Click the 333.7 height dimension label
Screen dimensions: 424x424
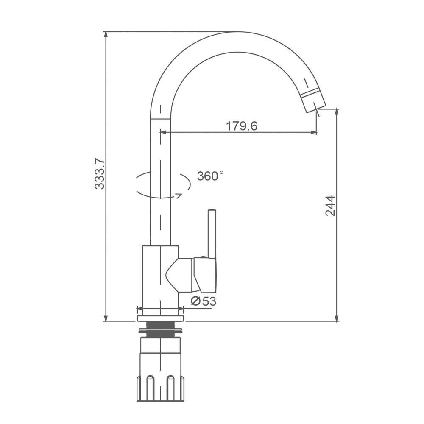coord(100,173)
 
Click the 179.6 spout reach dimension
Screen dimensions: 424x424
coord(242,126)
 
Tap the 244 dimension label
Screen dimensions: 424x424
coord(330,206)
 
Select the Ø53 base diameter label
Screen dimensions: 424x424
coord(204,301)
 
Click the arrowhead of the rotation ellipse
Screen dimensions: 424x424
coord(179,195)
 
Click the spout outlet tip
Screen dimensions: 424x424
coord(316,108)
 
